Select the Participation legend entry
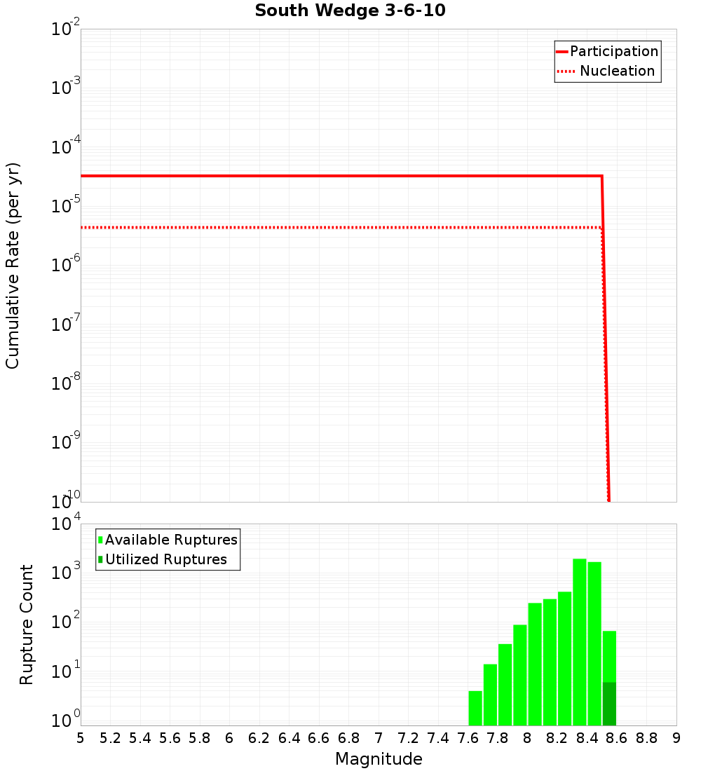pos(607,51)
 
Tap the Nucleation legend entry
pos(607,71)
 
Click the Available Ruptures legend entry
pos(168,540)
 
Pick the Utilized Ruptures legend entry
pos(163,559)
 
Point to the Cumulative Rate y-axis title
pos(13,265)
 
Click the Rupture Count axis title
pos(27,625)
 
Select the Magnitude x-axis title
pos(379,759)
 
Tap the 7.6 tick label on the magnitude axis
pos(468,738)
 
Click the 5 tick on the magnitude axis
pos(81,738)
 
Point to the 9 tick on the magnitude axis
pos(676,738)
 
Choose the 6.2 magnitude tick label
pos(259,738)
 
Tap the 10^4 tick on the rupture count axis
pos(67,524)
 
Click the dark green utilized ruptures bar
pos(609,704)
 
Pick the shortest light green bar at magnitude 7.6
pos(475,708)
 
